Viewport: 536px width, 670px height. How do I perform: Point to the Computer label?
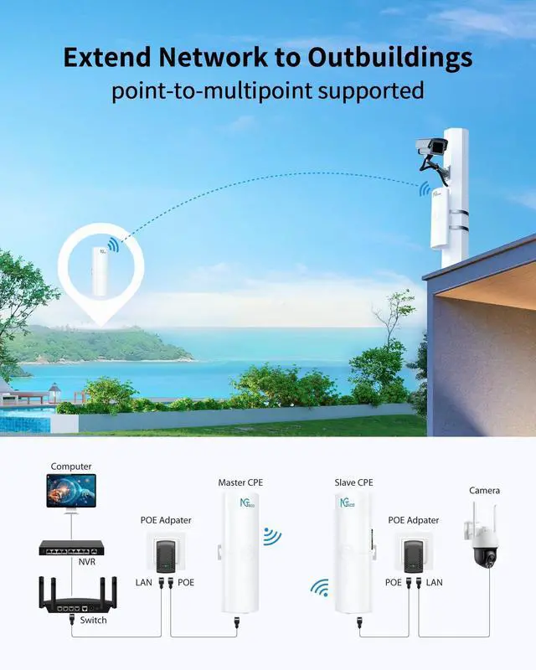pyautogui.click(x=71, y=466)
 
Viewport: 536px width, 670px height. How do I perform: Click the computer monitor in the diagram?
pyautogui.click(x=71, y=492)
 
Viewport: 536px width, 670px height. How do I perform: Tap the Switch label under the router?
pyautogui.click(x=93, y=621)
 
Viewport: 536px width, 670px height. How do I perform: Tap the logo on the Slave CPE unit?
pyautogui.click(x=344, y=504)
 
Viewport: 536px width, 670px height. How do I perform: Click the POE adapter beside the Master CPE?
pyautogui.click(x=165, y=554)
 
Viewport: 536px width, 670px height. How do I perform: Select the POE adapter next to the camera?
pyautogui.click(x=413, y=554)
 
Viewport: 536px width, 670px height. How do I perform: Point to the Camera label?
pyautogui.click(x=484, y=491)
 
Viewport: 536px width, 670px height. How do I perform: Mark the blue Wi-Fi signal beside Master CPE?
pyautogui.click(x=271, y=536)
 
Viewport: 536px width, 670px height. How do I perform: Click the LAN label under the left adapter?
pyautogui.click(x=143, y=582)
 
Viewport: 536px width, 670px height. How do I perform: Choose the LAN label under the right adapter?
pyautogui.click(x=434, y=582)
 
